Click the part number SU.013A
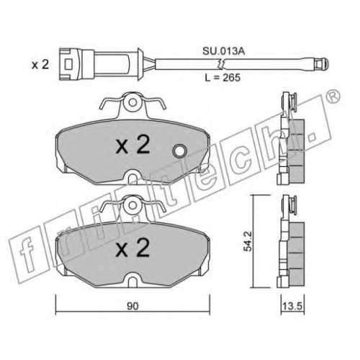pos(223,51)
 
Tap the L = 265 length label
pos(222,77)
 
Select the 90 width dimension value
pos(132,306)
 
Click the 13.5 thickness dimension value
pos(293,306)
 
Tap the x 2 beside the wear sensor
pos(40,65)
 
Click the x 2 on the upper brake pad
pos(132,145)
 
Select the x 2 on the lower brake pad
pos(132,248)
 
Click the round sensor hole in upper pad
pos(179,151)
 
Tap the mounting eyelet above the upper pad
pos(132,102)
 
